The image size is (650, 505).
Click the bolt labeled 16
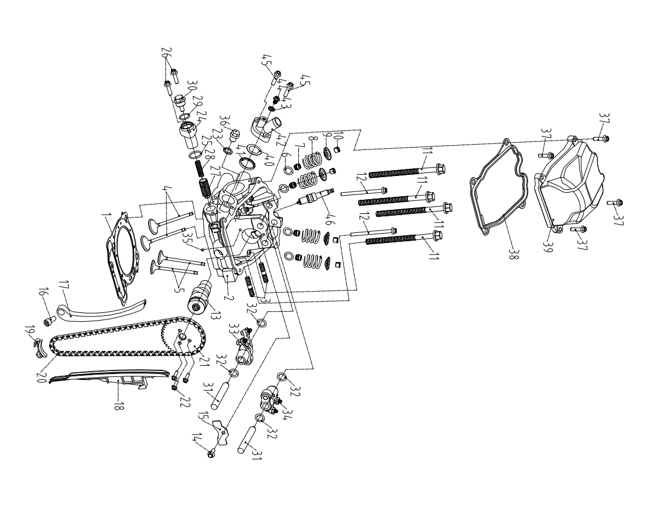coord(49,321)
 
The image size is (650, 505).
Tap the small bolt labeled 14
coord(211,454)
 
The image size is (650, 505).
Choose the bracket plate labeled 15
coord(220,432)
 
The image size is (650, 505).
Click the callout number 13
coord(214,316)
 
